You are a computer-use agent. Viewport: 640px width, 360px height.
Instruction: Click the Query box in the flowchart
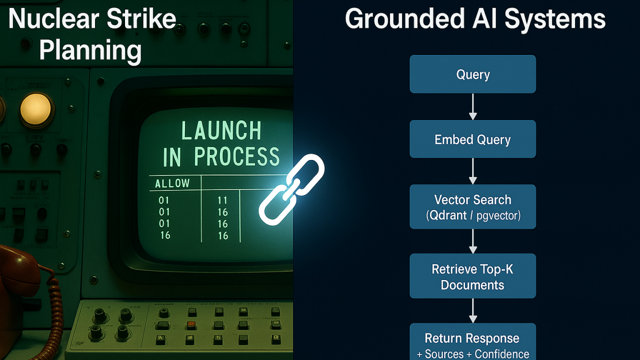472,74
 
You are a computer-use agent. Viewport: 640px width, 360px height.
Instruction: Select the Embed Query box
472,139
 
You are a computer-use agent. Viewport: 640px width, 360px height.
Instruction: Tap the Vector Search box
472,206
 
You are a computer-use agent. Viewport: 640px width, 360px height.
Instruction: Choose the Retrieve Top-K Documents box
472,276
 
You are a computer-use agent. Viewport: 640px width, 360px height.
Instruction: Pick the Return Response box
472,343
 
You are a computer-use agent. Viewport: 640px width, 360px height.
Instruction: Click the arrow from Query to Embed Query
472,106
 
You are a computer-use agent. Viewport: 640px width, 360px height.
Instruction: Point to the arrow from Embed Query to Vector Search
472,171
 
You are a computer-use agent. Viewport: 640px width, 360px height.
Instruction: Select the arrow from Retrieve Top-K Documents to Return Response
472,311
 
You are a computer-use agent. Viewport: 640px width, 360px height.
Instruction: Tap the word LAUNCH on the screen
221,131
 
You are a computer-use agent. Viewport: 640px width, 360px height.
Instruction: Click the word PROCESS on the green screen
236,157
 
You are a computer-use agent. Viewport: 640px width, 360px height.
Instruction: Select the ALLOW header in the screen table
172,183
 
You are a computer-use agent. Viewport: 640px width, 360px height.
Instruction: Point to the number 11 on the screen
222,200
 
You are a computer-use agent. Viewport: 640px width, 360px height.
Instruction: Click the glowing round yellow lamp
36,109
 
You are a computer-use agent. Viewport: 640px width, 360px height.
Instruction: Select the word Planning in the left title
90,50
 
